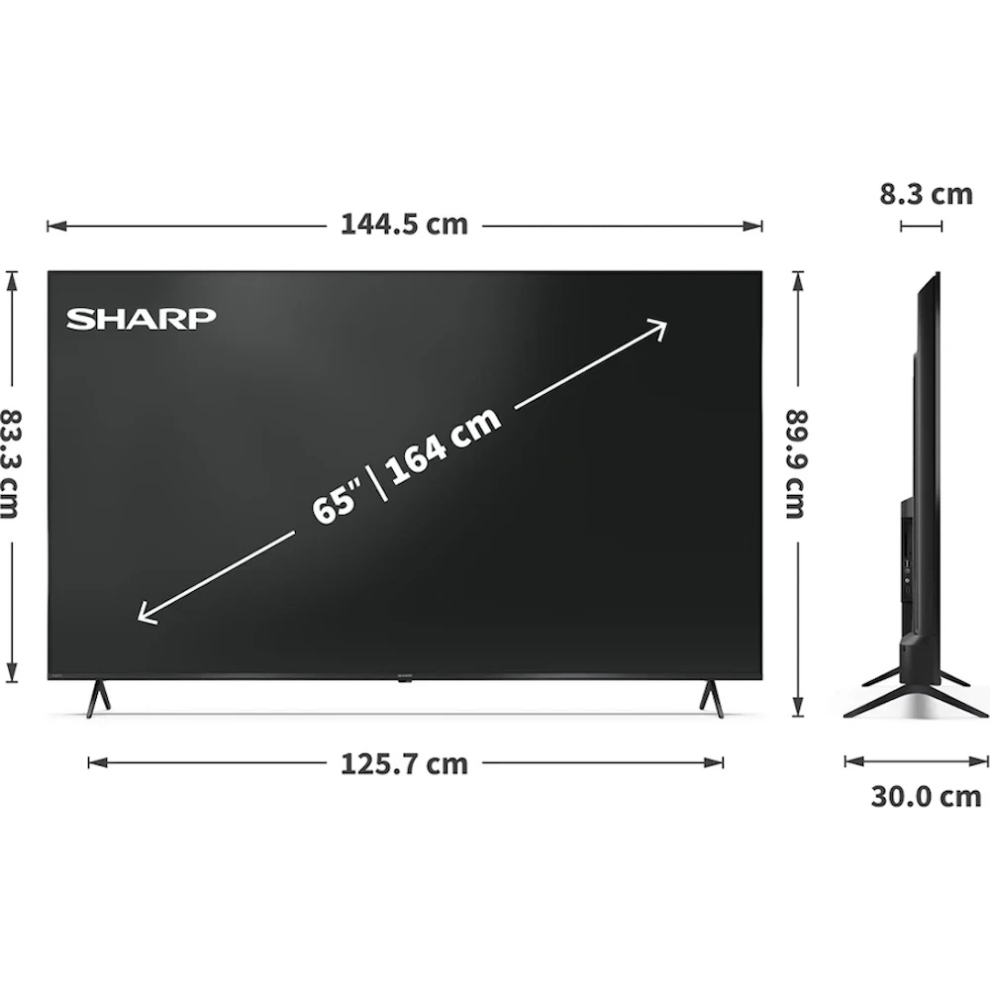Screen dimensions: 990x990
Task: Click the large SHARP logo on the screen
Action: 141,319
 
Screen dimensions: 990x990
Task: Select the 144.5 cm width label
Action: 404,225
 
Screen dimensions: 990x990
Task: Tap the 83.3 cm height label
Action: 11,464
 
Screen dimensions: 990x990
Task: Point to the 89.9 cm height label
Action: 797,464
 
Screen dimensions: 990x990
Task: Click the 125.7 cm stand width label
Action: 404,764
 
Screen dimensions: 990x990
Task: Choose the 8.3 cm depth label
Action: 927,194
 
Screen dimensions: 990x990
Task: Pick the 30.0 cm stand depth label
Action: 927,797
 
